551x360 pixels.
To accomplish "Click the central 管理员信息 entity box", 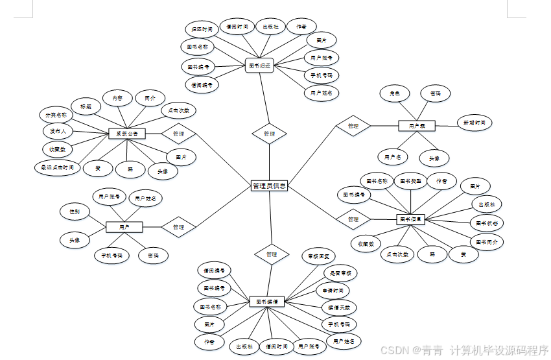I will (269, 186).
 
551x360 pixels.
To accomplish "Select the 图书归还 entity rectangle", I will (260, 65).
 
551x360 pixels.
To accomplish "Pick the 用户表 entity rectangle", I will (416, 126).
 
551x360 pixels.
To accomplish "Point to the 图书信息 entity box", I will (410, 219).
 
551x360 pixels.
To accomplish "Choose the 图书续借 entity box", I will (267, 302).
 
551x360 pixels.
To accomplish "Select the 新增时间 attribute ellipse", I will (474, 122).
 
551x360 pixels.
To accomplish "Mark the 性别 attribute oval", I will (75, 211).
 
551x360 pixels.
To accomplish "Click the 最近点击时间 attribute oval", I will (58, 167).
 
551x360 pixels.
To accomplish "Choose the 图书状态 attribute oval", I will (487, 222).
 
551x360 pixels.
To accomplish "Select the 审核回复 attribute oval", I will (322, 257).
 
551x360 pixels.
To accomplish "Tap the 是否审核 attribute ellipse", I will (340, 274).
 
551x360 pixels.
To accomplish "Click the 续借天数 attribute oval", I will (338, 307).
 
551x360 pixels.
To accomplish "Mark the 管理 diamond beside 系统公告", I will (179, 134).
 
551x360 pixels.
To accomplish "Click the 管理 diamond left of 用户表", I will (353, 126).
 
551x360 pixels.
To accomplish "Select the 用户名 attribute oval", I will (393, 157).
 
